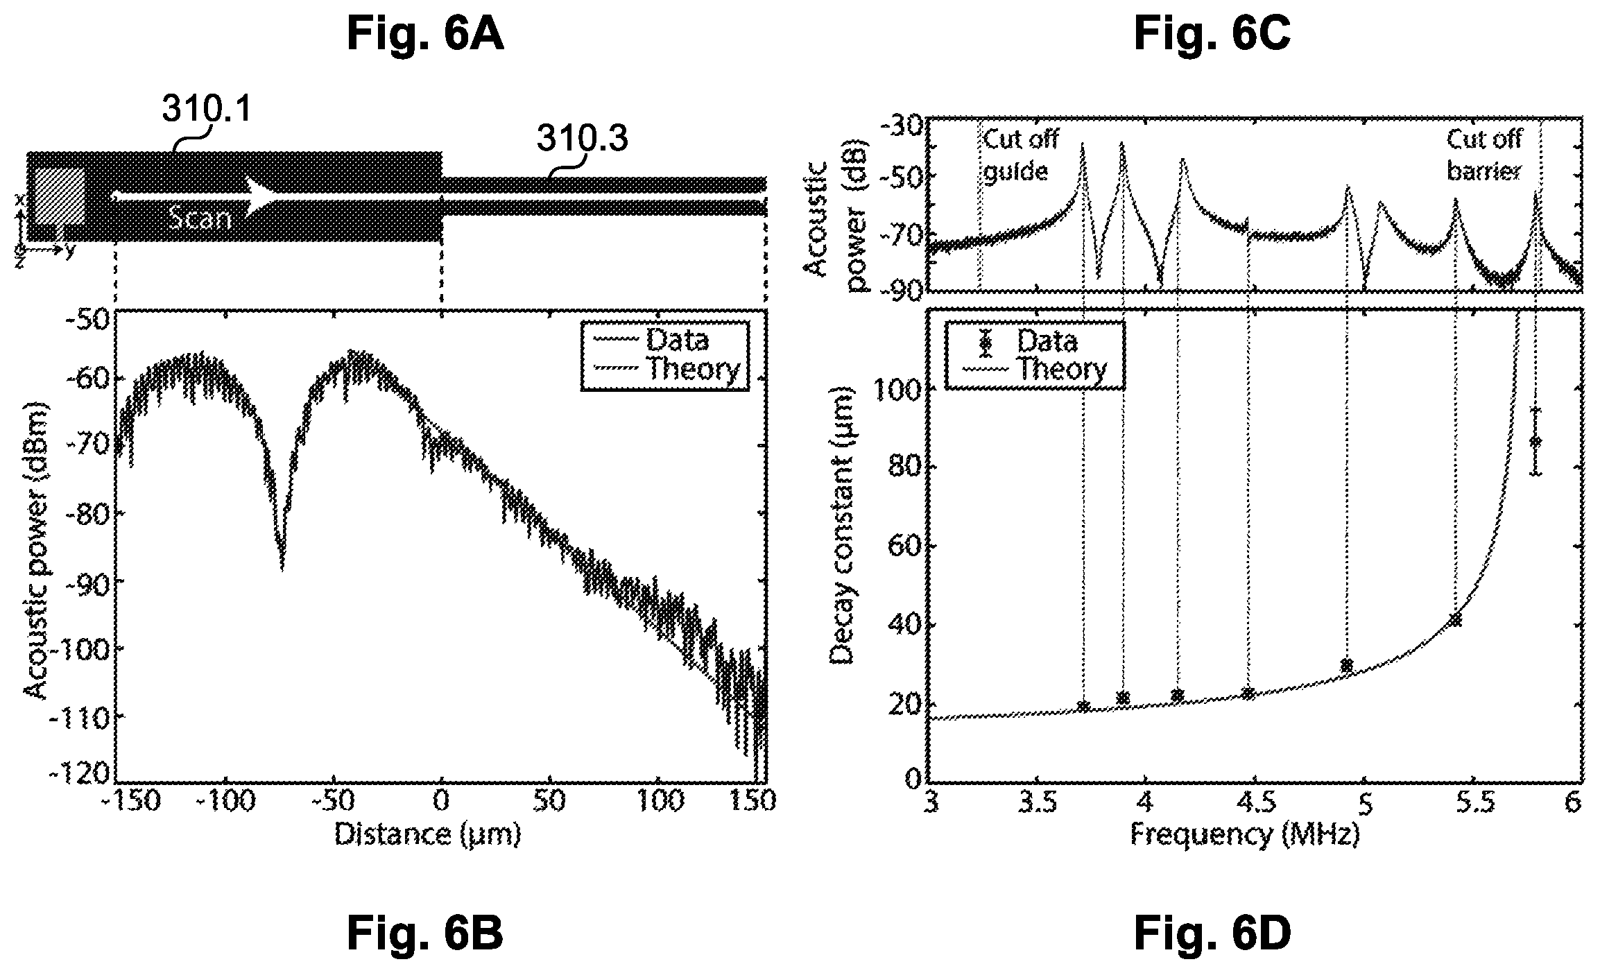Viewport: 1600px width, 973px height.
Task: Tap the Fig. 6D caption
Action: point(1212,933)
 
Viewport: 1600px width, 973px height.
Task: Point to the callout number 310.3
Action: point(583,139)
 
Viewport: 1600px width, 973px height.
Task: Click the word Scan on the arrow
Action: point(199,219)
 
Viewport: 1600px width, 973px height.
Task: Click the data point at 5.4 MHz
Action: point(1454,620)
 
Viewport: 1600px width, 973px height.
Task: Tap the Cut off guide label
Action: point(1020,155)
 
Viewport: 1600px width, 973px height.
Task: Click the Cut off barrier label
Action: point(1483,155)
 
